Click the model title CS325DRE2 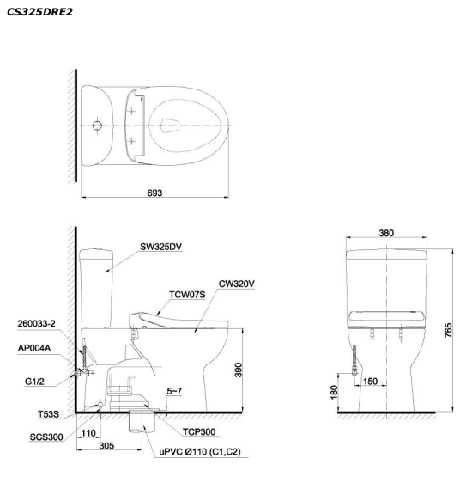click(x=39, y=12)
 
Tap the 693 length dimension click(x=154, y=193)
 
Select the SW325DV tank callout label click(x=160, y=247)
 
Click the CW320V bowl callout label click(x=237, y=284)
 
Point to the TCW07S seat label click(x=187, y=295)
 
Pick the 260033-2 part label click(x=36, y=323)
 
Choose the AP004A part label click(x=34, y=348)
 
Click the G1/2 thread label click(x=34, y=382)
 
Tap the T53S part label click(x=48, y=414)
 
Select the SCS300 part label click(x=46, y=437)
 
